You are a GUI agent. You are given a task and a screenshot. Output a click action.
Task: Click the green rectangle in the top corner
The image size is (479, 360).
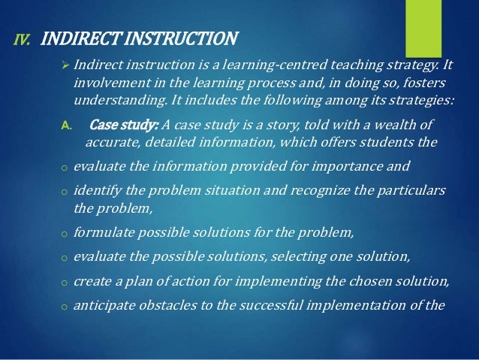tap(425, 23)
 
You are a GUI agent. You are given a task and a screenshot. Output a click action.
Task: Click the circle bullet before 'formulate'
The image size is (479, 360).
tap(65, 235)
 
